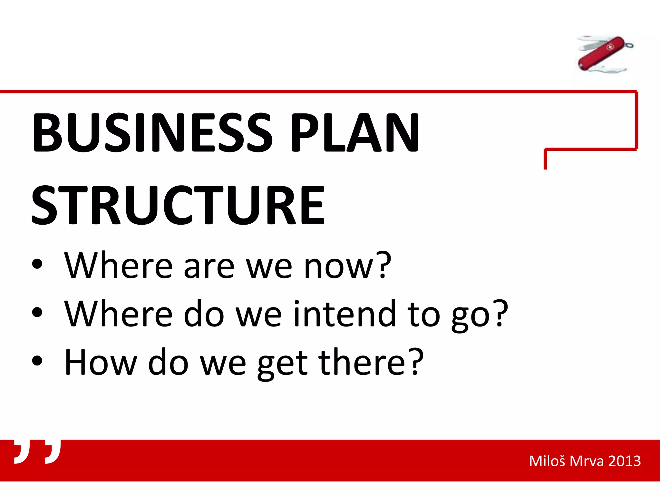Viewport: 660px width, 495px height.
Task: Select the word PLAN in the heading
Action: coord(355,133)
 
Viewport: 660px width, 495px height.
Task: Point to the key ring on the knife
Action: coord(629,46)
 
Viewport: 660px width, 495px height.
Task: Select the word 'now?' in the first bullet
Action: coord(348,266)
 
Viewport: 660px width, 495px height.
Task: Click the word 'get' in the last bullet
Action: coord(283,363)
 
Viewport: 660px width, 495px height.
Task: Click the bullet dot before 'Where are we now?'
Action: coord(37,264)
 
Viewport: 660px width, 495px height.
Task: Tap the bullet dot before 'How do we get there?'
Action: coord(37,361)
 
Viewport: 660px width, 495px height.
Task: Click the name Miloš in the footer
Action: coord(547,461)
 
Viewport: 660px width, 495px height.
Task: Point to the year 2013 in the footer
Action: coord(624,461)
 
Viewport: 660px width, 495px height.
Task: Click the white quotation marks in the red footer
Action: coord(37,451)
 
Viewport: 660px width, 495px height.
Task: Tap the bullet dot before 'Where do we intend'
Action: coord(37,312)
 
